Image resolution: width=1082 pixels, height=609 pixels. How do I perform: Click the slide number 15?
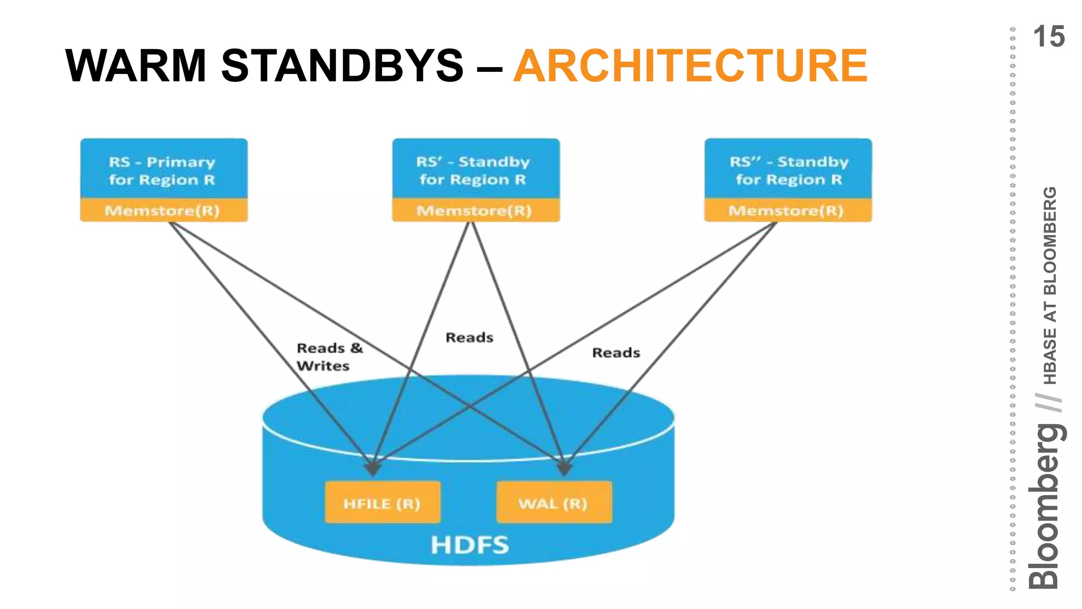1048,37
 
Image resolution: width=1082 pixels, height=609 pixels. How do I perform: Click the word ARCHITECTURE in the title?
690,66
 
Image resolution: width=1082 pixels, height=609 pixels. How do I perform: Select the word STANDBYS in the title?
342,66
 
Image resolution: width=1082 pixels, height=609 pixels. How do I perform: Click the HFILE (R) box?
382,503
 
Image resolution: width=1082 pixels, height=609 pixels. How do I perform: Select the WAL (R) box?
554,503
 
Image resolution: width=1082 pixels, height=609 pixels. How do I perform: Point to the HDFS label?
470,545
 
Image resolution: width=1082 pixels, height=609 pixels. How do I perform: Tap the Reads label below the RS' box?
469,337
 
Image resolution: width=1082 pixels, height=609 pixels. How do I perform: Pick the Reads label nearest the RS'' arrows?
615,353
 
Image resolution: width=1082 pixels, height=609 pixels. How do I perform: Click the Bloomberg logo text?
1046,506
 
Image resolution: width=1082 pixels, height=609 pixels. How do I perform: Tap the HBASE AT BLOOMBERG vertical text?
1050,285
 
